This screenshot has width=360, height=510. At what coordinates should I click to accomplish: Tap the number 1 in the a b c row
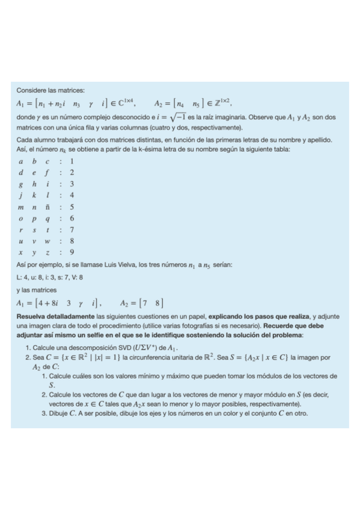tap(72, 162)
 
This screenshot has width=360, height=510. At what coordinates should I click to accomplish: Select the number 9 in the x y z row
tap(72, 253)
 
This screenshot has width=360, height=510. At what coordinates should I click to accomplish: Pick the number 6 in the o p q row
tap(72, 218)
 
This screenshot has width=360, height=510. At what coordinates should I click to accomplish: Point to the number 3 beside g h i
tap(72, 185)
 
